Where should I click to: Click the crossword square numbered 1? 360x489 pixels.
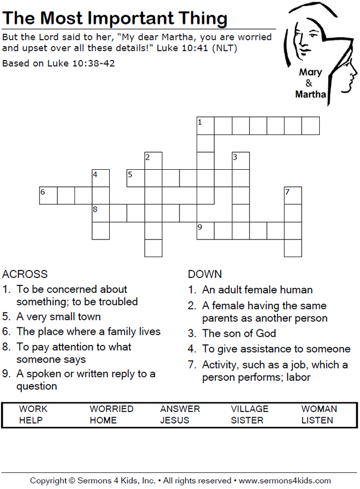(x=206, y=126)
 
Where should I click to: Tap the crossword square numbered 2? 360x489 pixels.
(x=153, y=161)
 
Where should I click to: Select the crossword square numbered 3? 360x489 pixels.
(x=241, y=161)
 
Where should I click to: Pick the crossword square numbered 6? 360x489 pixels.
(x=48, y=195)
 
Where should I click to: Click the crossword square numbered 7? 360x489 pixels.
(x=293, y=195)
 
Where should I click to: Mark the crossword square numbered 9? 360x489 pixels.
(x=206, y=231)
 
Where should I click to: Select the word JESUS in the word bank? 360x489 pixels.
(x=175, y=420)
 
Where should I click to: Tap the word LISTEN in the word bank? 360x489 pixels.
(x=317, y=420)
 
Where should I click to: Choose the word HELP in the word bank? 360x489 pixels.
(x=31, y=420)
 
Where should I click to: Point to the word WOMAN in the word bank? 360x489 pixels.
(x=319, y=409)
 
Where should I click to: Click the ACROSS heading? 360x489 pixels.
(x=25, y=274)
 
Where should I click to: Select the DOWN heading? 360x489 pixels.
(x=205, y=274)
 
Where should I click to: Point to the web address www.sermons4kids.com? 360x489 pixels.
(x=285, y=480)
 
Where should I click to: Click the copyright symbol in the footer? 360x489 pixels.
(x=72, y=480)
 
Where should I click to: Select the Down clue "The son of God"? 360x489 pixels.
(x=239, y=333)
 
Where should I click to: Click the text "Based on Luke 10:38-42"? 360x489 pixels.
(x=58, y=63)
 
